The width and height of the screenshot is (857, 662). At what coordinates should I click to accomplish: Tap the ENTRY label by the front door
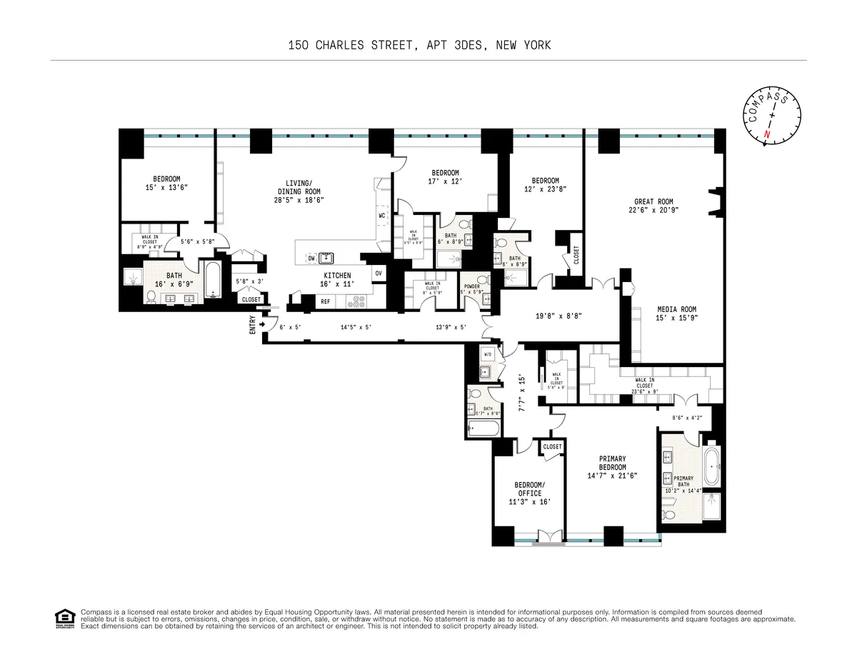click(x=252, y=325)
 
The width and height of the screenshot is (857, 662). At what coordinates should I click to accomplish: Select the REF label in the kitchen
click(x=326, y=301)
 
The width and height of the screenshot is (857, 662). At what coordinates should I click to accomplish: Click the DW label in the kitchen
click(x=311, y=258)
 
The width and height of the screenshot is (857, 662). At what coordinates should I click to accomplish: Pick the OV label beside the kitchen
click(x=378, y=273)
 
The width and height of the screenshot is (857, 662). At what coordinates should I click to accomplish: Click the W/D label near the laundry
click(x=488, y=353)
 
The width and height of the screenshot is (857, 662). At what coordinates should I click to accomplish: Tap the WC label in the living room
click(x=382, y=215)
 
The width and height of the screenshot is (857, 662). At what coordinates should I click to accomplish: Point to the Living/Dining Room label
click(x=299, y=191)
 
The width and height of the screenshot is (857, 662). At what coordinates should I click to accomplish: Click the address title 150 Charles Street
click(x=419, y=46)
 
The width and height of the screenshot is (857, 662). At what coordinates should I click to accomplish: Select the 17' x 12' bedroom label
click(x=445, y=176)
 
